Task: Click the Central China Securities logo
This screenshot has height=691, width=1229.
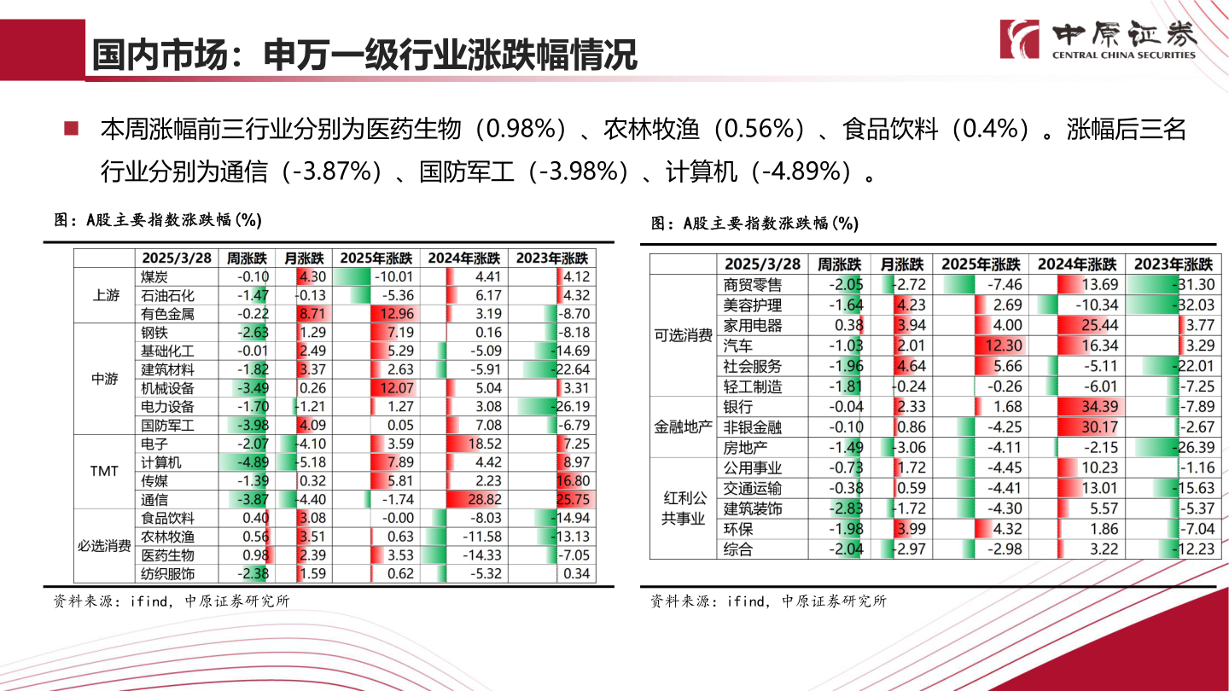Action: (1100, 39)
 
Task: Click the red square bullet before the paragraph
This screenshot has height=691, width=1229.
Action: (72, 130)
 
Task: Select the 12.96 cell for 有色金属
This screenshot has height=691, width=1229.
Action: (375, 314)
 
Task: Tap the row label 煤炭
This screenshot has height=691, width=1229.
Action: (154, 276)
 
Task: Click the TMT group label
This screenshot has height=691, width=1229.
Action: (104, 472)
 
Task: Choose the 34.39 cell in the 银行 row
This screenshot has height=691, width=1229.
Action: (1076, 407)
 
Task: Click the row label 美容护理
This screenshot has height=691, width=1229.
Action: (752, 305)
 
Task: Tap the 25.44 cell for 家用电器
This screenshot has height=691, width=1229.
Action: (1076, 325)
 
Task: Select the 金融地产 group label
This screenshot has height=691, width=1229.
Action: (682, 427)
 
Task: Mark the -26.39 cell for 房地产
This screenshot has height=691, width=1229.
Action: (1173, 448)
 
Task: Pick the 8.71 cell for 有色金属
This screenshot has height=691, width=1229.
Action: (311, 314)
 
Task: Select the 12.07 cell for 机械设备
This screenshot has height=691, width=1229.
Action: (375, 388)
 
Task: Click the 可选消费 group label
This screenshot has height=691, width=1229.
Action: (682, 336)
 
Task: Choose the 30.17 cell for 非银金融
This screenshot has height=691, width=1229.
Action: (1076, 427)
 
